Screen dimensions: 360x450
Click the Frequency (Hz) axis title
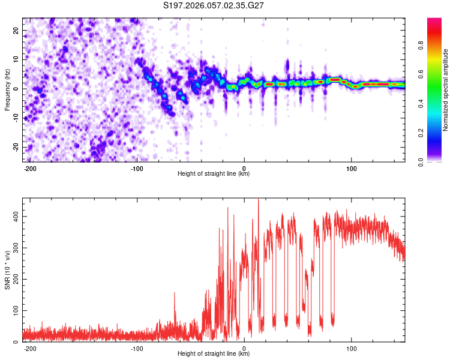click(7, 90)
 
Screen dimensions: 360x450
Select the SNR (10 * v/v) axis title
click(7, 270)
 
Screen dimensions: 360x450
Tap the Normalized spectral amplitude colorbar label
click(446, 90)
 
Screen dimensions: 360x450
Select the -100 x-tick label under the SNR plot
click(137, 347)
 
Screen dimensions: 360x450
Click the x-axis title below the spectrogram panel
click(214, 174)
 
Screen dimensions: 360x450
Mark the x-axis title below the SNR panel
click(214, 354)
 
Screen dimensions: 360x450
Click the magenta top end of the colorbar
click(434, 21)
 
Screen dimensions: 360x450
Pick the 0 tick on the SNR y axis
click(18, 342)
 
